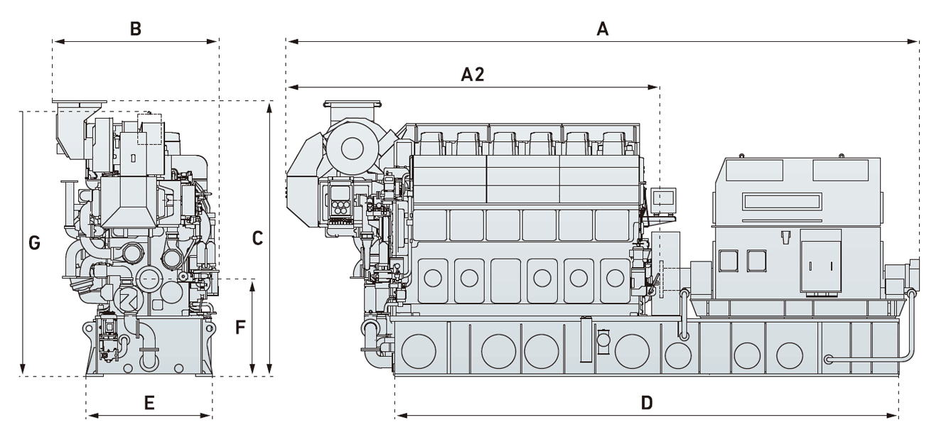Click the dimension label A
(603, 29)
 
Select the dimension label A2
(473, 75)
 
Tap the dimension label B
(135, 29)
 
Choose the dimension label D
(646, 403)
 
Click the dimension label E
(149, 403)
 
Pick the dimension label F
(240, 328)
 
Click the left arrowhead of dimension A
(290, 41)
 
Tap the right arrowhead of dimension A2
(657, 87)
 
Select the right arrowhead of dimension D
(896, 415)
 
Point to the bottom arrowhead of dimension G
(23, 371)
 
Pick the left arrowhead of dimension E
(90, 415)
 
